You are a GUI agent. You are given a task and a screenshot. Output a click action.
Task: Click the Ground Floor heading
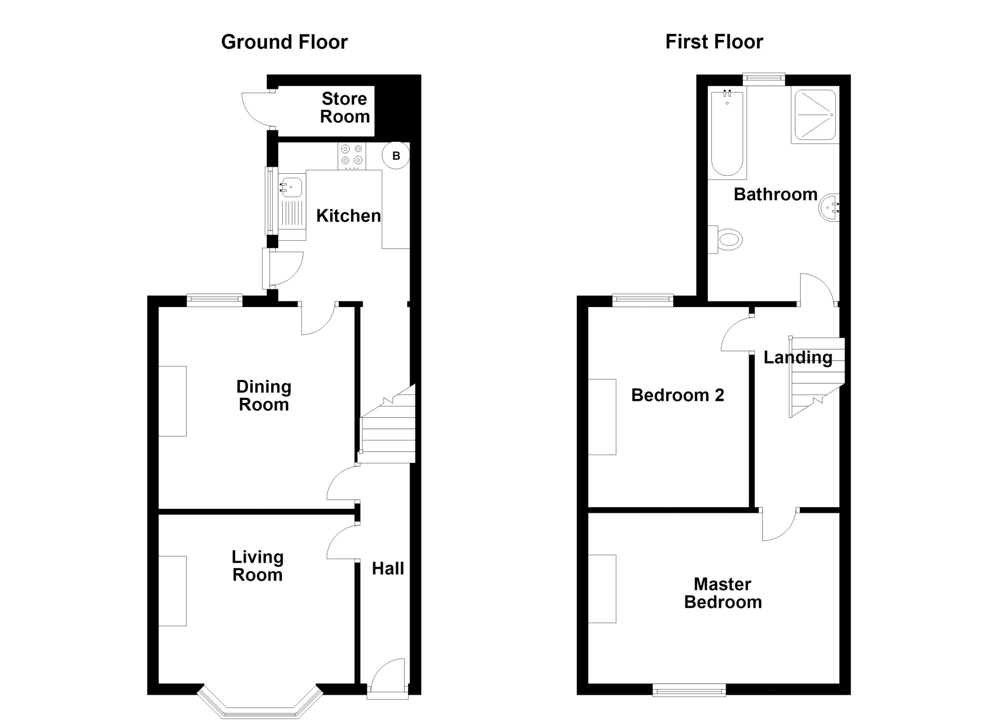(x=284, y=42)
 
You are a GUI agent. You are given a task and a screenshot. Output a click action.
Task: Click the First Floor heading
(x=714, y=42)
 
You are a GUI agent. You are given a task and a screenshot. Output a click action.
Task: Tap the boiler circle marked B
(x=396, y=156)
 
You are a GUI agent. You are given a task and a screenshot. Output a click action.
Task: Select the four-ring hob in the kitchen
(x=352, y=156)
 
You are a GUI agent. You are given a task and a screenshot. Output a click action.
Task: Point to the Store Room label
(x=345, y=108)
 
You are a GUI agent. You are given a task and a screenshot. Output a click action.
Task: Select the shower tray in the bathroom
(x=815, y=115)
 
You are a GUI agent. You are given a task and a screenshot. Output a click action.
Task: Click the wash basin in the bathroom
(x=830, y=207)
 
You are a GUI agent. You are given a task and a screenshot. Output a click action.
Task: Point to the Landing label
(x=798, y=358)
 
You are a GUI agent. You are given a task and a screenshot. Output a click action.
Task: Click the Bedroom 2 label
(x=677, y=395)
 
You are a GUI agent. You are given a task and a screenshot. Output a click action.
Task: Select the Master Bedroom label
(x=723, y=593)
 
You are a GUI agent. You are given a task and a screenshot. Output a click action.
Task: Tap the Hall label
(x=388, y=568)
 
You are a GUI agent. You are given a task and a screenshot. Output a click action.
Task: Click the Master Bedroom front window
(x=689, y=692)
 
